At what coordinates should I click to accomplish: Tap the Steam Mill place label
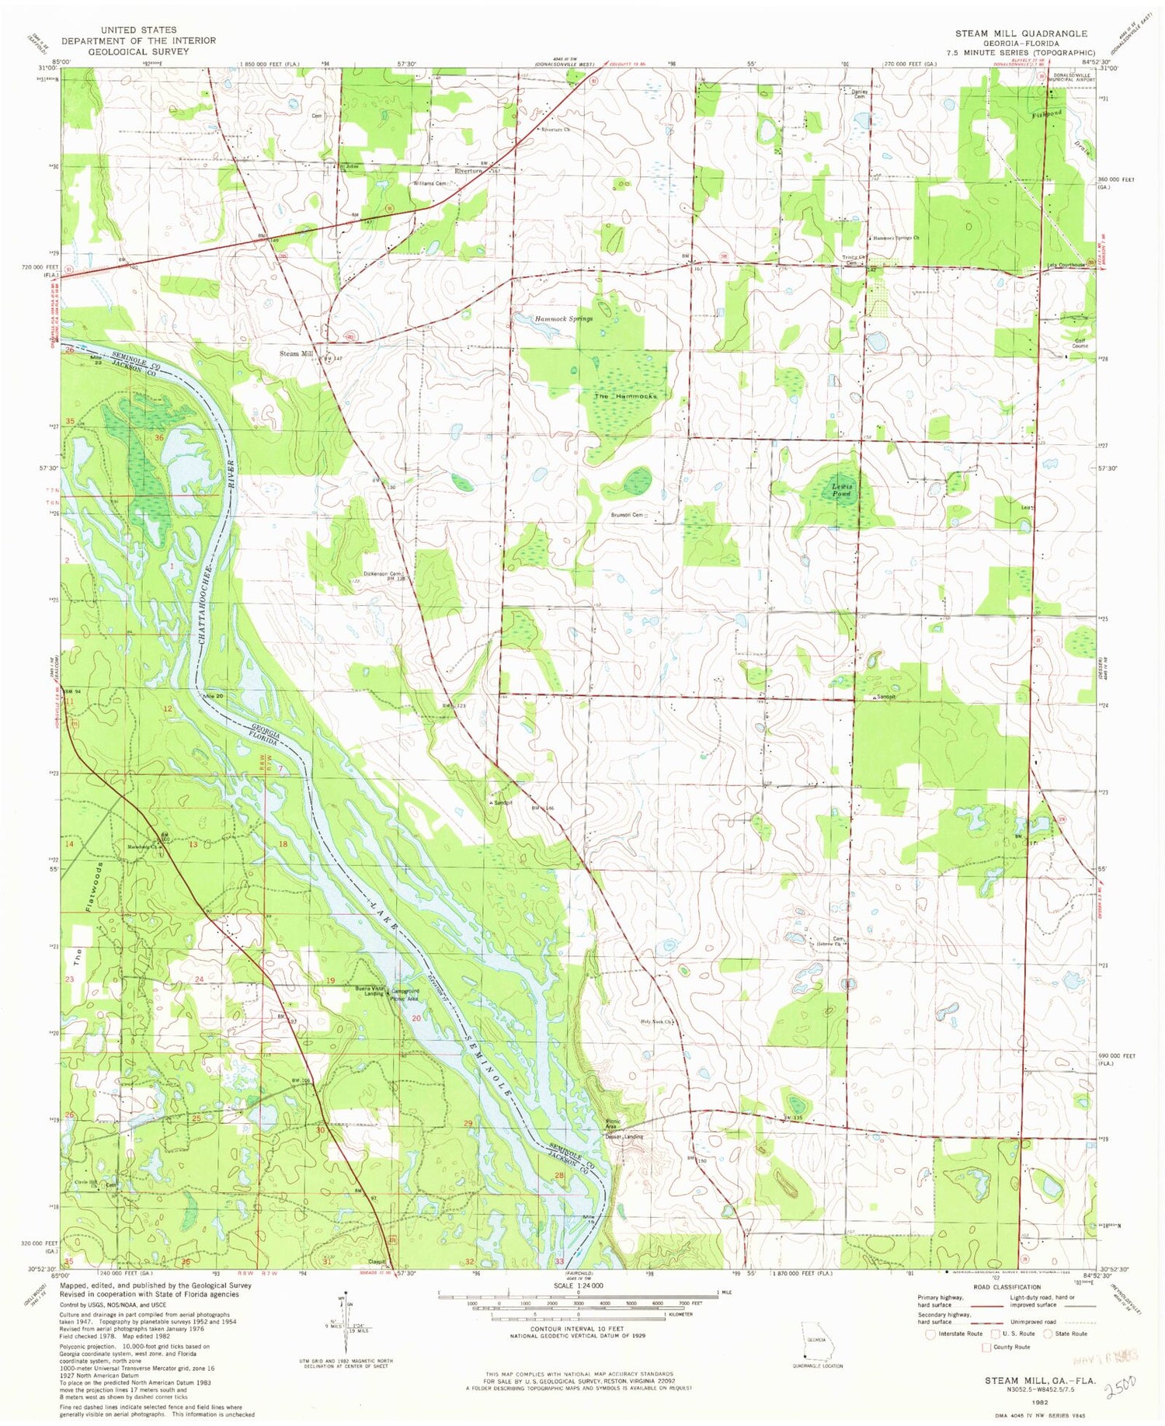click(296, 354)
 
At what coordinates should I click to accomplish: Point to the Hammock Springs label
click(563, 319)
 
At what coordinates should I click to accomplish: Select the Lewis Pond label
click(842, 490)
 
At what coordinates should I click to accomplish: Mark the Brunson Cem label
click(628, 515)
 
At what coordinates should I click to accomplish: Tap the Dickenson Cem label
click(382, 574)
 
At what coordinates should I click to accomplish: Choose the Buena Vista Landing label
click(370, 991)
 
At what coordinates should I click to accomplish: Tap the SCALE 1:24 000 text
click(579, 1285)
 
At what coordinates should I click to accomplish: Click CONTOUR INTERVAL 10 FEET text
click(578, 1329)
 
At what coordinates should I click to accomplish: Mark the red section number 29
click(468, 1124)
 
